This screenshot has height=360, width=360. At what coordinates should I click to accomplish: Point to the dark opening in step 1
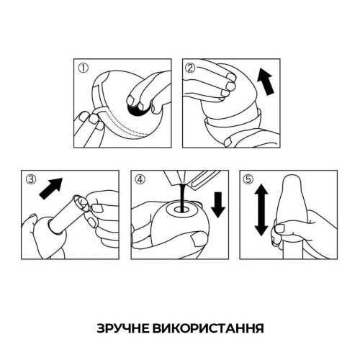(137, 109)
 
